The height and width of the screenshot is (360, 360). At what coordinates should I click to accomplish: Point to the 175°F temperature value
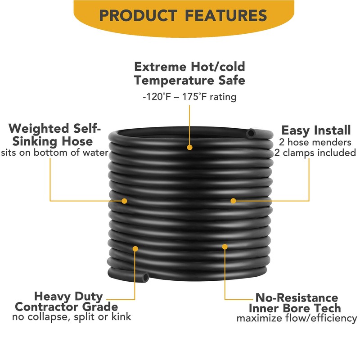(195, 97)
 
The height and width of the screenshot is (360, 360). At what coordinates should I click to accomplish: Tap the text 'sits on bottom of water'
(54, 153)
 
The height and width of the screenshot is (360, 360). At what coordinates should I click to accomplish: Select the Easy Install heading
(316, 130)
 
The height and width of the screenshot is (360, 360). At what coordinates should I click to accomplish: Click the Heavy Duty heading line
(68, 297)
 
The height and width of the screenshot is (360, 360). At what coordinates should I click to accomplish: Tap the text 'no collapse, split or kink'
(72, 317)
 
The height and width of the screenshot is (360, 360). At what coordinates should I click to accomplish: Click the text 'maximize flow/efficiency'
(297, 319)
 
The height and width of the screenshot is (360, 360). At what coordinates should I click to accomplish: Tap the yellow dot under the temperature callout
(189, 147)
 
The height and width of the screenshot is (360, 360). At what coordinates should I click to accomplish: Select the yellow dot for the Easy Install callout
(233, 200)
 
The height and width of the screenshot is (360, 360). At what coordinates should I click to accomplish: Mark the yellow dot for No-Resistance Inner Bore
(225, 246)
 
